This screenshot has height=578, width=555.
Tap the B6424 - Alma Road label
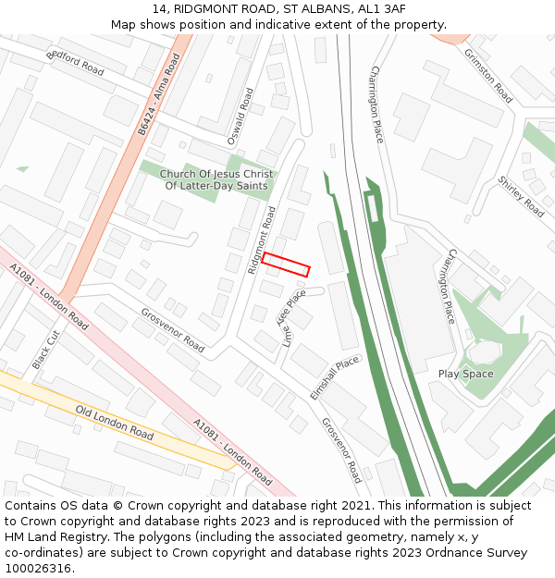click(x=158, y=95)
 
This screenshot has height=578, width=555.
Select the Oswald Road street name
click(x=240, y=116)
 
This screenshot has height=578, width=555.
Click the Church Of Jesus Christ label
click(x=216, y=174)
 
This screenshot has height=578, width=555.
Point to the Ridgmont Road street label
click(x=262, y=240)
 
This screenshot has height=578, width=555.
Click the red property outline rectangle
click(x=285, y=264)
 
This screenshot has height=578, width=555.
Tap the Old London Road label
click(x=115, y=422)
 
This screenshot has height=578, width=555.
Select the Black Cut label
click(x=44, y=350)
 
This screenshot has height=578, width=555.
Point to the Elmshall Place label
click(x=334, y=377)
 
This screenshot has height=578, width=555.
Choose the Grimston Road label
click(x=487, y=75)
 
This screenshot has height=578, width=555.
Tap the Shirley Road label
click(x=521, y=196)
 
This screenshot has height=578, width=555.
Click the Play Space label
click(x=465, y=374)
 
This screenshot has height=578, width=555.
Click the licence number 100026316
click(x=40, y=568)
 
